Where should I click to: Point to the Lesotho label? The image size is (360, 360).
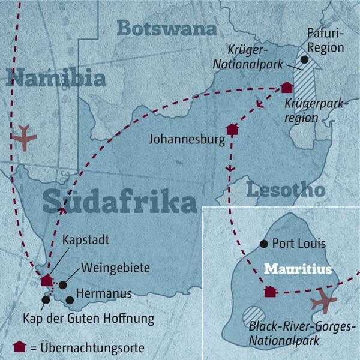click(286, 190)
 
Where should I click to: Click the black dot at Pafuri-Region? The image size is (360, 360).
click(304, 59)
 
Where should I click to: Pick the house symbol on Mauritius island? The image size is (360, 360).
click(270, 292)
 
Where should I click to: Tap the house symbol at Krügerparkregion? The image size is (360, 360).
click(286, 88)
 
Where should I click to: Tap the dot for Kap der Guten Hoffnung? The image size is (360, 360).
click(46, 299)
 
